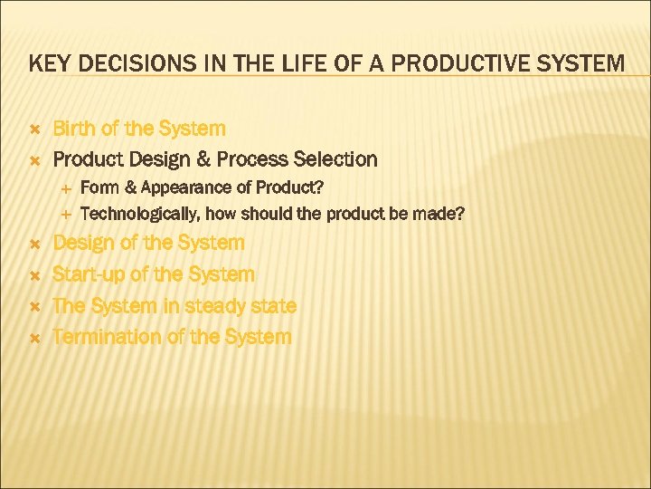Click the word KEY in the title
[46, 64]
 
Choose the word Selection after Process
[335, 160]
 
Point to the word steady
[211, 306]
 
